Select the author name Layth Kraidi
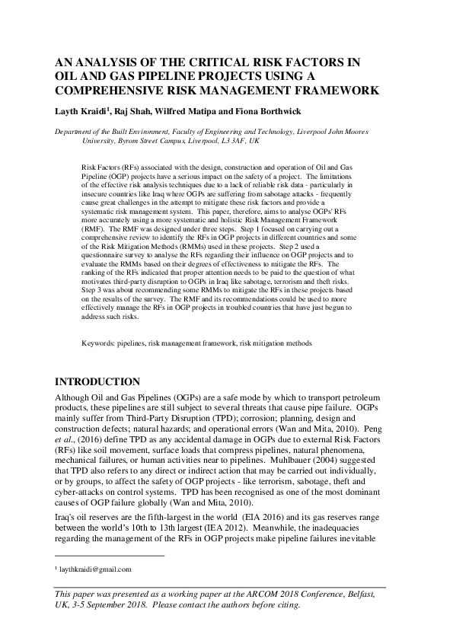(x=80, y=110)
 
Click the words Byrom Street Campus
(x=153, y=141)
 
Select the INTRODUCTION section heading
(x=99, y=381)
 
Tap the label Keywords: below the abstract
(x=98, y=343)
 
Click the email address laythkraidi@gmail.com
(x=94, y=569)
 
